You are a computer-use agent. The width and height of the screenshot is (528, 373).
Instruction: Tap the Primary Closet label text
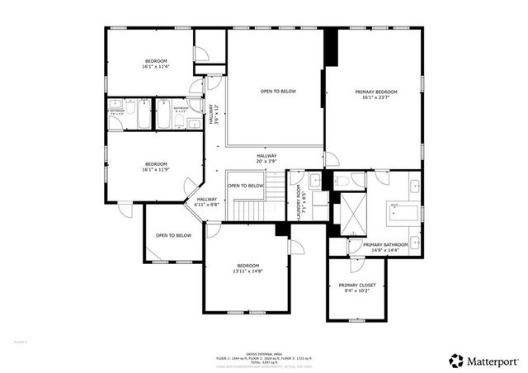tap(356, 288)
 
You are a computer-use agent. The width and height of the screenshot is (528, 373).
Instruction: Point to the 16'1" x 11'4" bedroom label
tap(156, 64)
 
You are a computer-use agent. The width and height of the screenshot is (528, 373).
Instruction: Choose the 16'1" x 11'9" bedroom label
tap(156, 167)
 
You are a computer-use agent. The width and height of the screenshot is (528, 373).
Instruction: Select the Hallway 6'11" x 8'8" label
tap(206, 201)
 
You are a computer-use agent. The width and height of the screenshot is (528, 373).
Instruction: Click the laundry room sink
tap(316, 181)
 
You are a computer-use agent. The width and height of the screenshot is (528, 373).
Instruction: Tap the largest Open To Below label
tap(278, 92)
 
